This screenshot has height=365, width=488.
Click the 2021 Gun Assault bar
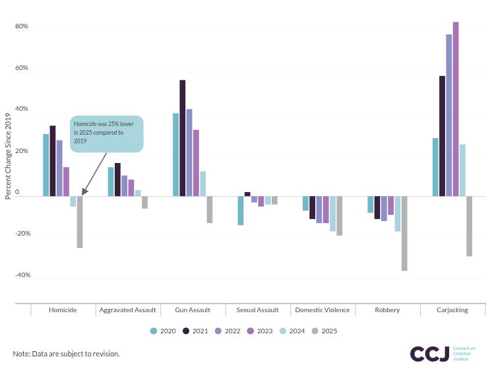pyautogui.click(x=183, y=138)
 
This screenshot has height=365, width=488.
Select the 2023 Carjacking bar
pyautogui.click(x=456, y=109)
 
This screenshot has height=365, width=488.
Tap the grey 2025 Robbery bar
pyautogui.click(x=404, y=233)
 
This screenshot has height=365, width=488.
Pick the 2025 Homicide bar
pyautogui.click(x=80, y=222)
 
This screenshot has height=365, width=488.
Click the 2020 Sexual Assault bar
pyautogui.click(x=241, y=211)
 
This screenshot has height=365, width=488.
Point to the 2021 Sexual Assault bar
pyautogui.click(x=247, y=194)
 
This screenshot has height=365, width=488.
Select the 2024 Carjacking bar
pyautogui.click(x=462, y=170)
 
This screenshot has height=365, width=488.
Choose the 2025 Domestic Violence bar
pyautogui.click(x=339, y=216)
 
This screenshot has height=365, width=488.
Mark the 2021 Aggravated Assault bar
pyautogui.click(x=117, y=180)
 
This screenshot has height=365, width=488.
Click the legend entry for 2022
pyautogui.click(x=228, y=331)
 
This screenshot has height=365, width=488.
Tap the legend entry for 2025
pyautogui.click(x=324, y=331)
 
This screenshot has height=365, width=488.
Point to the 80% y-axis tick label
pyautogui.click(x=22, y=26)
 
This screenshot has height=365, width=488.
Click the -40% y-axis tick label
pyautogui.click(x=22, y=275)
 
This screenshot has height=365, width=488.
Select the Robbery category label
pyautogui.click(x=387, y=310)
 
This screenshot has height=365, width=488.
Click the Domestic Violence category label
pyautogui.click(x=322, y=310)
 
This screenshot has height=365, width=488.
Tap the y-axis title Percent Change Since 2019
pyautogui.click(x=8, y=156)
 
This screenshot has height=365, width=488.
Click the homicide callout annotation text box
pyautogui.click(x=106, y=134)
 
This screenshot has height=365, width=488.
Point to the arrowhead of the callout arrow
pyautogui.click(x=84, y=193)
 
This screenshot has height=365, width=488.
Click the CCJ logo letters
pyautogui.click(x=429, y=354)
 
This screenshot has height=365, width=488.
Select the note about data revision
pyautogui.click(x=66, y=354)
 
